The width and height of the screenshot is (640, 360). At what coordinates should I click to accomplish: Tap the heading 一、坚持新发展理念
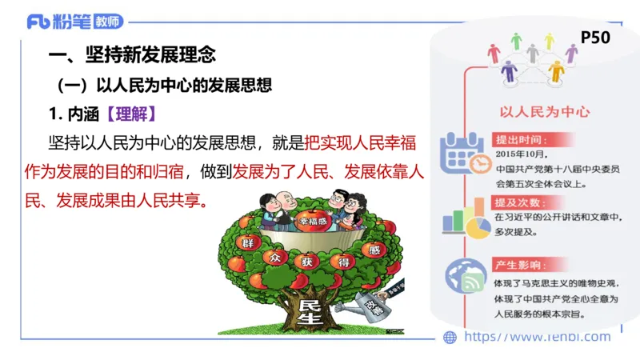click(x=132, y=56)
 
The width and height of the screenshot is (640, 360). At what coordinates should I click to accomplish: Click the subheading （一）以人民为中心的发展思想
click(x=165, y=85)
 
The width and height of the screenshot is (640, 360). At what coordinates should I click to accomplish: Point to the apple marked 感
click(x=371, y=249)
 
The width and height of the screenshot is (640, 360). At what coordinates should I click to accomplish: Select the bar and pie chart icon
click(x=465, y=219)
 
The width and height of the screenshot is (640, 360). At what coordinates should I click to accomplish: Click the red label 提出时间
click(x=520, y=138)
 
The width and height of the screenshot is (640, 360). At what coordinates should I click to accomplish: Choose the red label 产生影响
click(x=520, y=264)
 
